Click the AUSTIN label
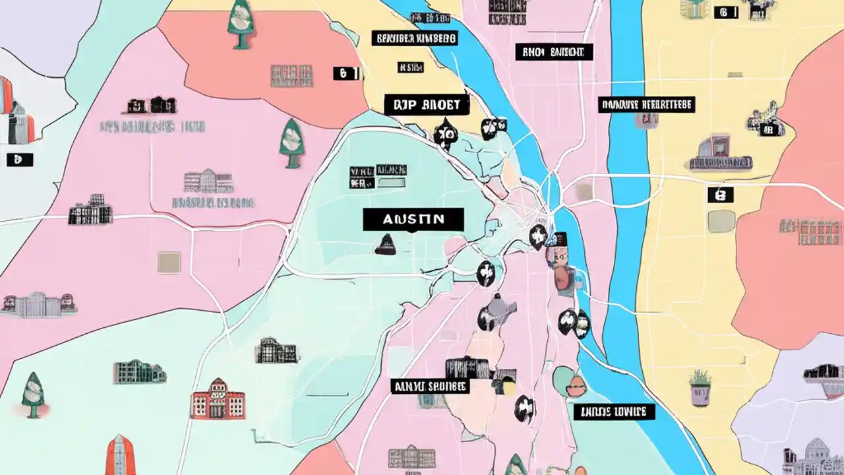[413, 219]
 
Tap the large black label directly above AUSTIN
[426, 104]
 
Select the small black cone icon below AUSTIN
[384, 246]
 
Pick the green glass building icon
[139, 373]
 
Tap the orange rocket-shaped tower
[120, 455]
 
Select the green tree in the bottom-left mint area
[32, 395]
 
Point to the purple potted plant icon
[700, 388]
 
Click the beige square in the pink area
[169, 262]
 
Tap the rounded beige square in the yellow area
[721, 221]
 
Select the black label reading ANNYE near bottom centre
[430, 386]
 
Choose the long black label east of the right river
[646, 104]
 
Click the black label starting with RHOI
[554, 52]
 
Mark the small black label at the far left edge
[19, 160]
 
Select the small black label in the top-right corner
[725, 11]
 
